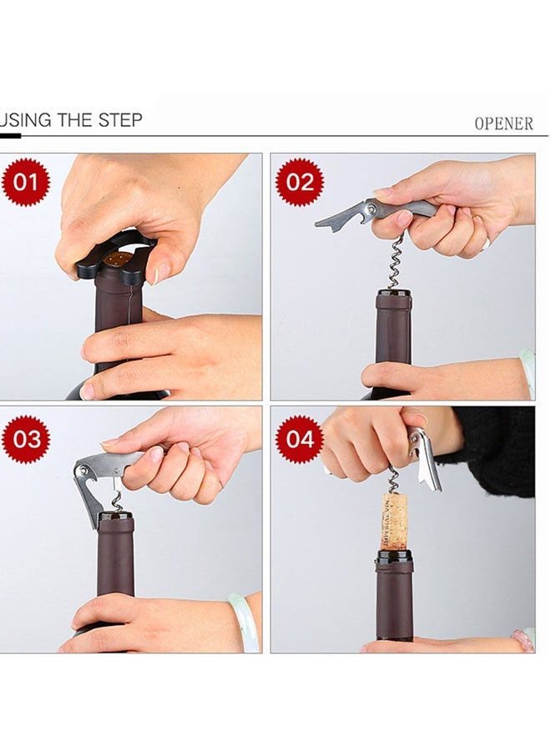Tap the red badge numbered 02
pos(299,181)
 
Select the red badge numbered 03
pos(25,439)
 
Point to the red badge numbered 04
pos(299,439)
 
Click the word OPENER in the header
pos(503,123)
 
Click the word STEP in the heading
pos(120,120)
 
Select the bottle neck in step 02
pos(392,330)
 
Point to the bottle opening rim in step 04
pos(394,554)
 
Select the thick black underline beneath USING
pos(10,135)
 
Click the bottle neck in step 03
pos(115,555)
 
